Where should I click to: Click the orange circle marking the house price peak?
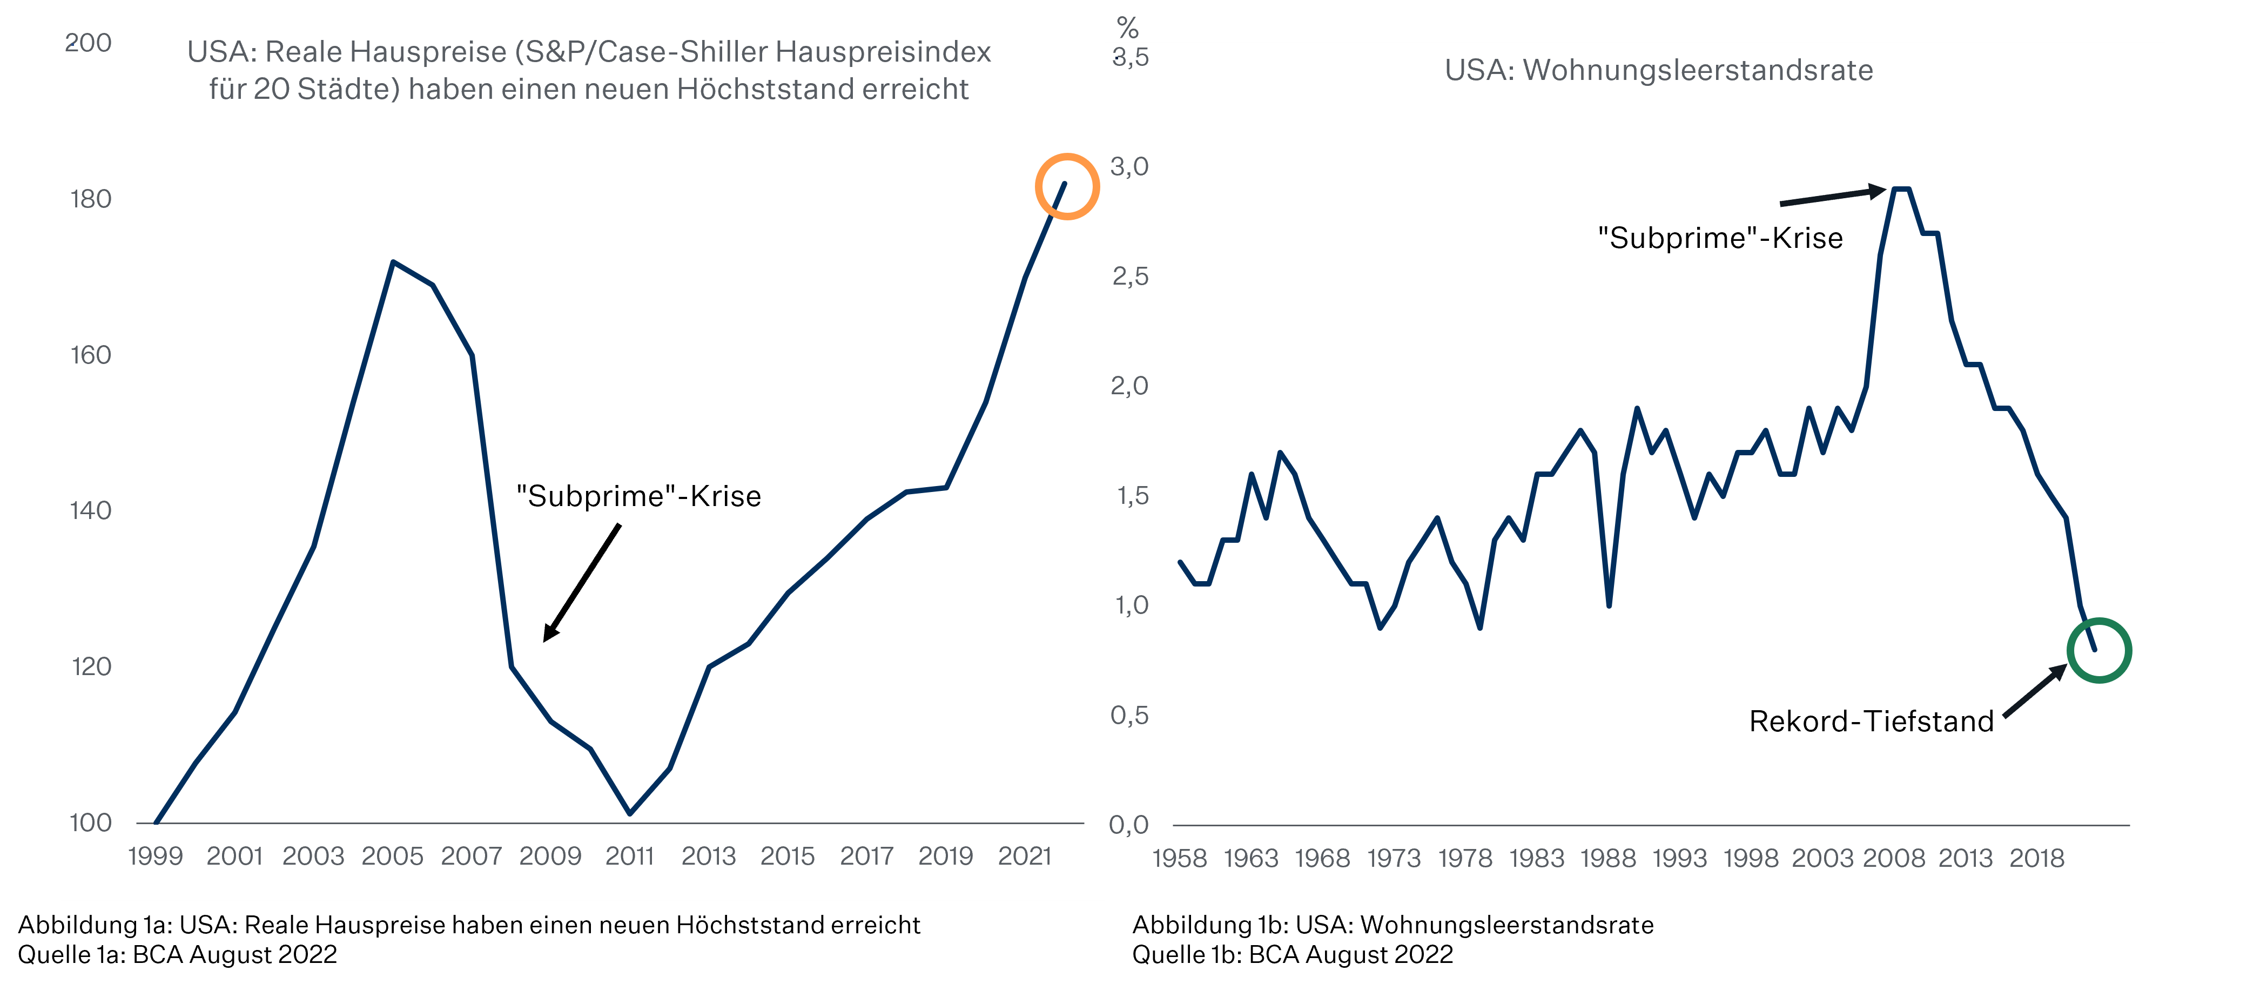click(1067, 186)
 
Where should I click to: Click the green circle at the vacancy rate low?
click(2099, 650)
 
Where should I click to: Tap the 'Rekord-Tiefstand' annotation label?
click(1871, 722)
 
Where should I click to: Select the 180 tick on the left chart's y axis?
click(91, 199)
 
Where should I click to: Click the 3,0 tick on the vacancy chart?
click(1129, 166)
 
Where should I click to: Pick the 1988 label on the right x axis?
click(1608, 858)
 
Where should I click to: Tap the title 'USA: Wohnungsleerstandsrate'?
click(1659, 70)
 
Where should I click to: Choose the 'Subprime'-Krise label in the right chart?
click(1720, 238)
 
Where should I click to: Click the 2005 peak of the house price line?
click(393, 262)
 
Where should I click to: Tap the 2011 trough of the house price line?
click(630, 812)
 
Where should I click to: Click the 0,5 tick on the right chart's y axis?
click(1129, 715)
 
